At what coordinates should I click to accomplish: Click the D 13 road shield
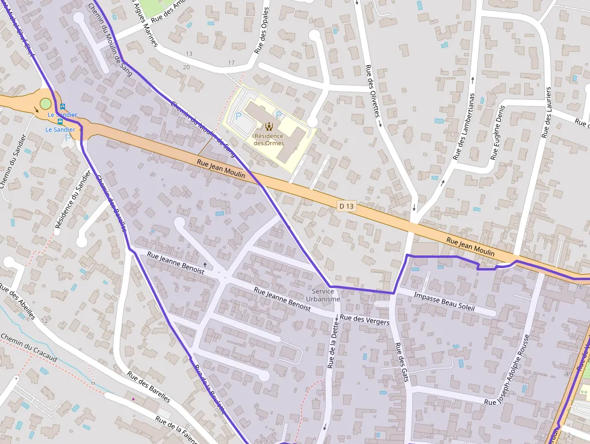[346, 206]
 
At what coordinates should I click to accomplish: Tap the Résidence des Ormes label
[269, 139]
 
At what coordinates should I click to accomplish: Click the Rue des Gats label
[402, 361]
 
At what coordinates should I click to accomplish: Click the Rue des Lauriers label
[547, 113]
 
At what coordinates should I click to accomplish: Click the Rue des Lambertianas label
[464, 126]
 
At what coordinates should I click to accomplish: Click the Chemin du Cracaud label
[28, 348]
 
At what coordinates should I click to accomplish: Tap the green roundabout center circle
[46, 104]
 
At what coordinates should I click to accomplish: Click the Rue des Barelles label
[148, 387]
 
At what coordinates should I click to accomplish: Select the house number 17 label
[231, 63]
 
